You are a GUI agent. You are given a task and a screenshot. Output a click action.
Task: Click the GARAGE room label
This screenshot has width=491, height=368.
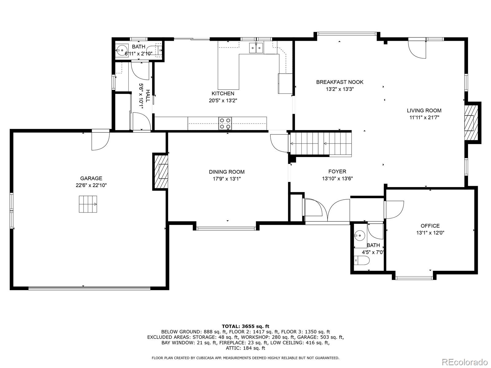click(91, 178)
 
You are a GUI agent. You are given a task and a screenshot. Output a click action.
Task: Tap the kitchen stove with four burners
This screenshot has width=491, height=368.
click(225, 123)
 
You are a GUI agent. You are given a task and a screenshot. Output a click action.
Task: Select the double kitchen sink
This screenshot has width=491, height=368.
click(256, 48)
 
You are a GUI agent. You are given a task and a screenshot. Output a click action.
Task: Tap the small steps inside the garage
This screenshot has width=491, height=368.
click(88, 204)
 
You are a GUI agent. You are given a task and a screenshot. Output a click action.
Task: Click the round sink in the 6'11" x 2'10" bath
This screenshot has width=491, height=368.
click(122, 49)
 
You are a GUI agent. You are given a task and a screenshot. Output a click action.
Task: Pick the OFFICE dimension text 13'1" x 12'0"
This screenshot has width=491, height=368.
click(430, 233)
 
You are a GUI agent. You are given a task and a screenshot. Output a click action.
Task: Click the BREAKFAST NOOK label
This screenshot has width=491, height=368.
click(340, 82)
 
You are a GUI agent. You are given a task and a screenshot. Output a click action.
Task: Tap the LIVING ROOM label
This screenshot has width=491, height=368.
click(424, 110)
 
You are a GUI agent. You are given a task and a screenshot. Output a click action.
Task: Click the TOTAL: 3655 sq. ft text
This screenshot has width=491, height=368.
click(245, 326)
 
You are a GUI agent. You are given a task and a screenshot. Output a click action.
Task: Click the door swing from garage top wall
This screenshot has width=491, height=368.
click(100, 140)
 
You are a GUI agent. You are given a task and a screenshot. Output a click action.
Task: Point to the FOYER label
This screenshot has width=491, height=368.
click(337, 171)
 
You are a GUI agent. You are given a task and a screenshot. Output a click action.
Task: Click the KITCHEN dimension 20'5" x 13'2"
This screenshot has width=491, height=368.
click(223, 100)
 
